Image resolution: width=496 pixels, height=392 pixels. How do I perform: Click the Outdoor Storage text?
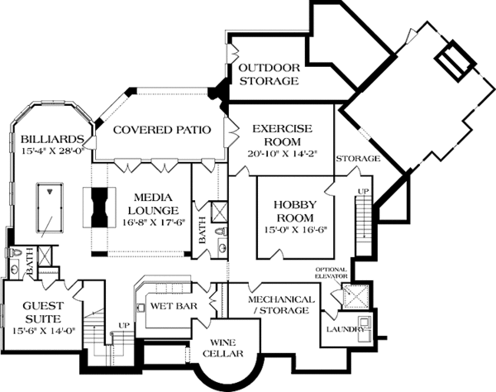pyautogui.click(x=268, y=74)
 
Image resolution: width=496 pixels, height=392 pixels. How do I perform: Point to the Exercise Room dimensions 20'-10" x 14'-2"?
pyautogui.click(x=281, y=153)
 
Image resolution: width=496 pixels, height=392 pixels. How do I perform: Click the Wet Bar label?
pyautogui.click(x=172, y=305)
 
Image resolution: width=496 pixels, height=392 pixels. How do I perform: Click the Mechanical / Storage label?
pyautogui.click(x=282, y=304)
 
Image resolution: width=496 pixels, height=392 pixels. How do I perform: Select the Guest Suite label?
pyautogui.click(x=29, y=310)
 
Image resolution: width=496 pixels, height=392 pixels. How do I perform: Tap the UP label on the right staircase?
pyautogui.click(x=360, y=191)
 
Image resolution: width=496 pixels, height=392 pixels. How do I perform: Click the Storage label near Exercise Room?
pyautogui.click(x=358, y=157)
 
